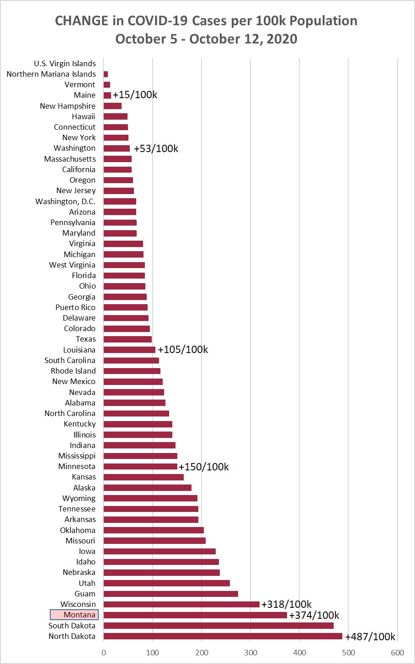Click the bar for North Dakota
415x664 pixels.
pyautogui.click(x=223, y=636)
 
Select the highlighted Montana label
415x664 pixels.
pyautogui.click(x=74, y=615)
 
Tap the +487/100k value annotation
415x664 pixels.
pyautogui.click(x=370, y=637)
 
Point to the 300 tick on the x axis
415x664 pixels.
pyautogui.click(x=250, y=653)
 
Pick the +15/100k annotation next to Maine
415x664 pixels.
pyautogui.click(x=135, y=95)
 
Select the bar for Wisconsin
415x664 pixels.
pyautogui.click(x=181, y=604)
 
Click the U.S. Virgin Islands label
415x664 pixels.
pyautogui.click(x=65, y=63)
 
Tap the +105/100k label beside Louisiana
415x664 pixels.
pyautogui.click(x=183, y=349)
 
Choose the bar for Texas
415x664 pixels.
pyautogui.click(x=128, y=339)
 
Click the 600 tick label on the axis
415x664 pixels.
pyautogui.click(x=397, y=653)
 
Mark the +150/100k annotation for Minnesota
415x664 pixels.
pyautogui.click(x=204, y=467)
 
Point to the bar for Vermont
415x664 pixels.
pyautogui.click(x=107, y=84)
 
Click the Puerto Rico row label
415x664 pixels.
pyautogui.click(x=75, y=307)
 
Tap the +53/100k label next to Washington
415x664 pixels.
pyautogui.click(x=156, y=148)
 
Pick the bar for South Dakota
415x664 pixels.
pyautogui.click(x=218, y=626)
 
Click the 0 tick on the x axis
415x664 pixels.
pyautogui.click(x=104, y=653)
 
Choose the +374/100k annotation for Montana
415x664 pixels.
pyautogui.click(x=314, y=615)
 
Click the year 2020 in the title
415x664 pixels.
pyautogui.click(x=282, y=39)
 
